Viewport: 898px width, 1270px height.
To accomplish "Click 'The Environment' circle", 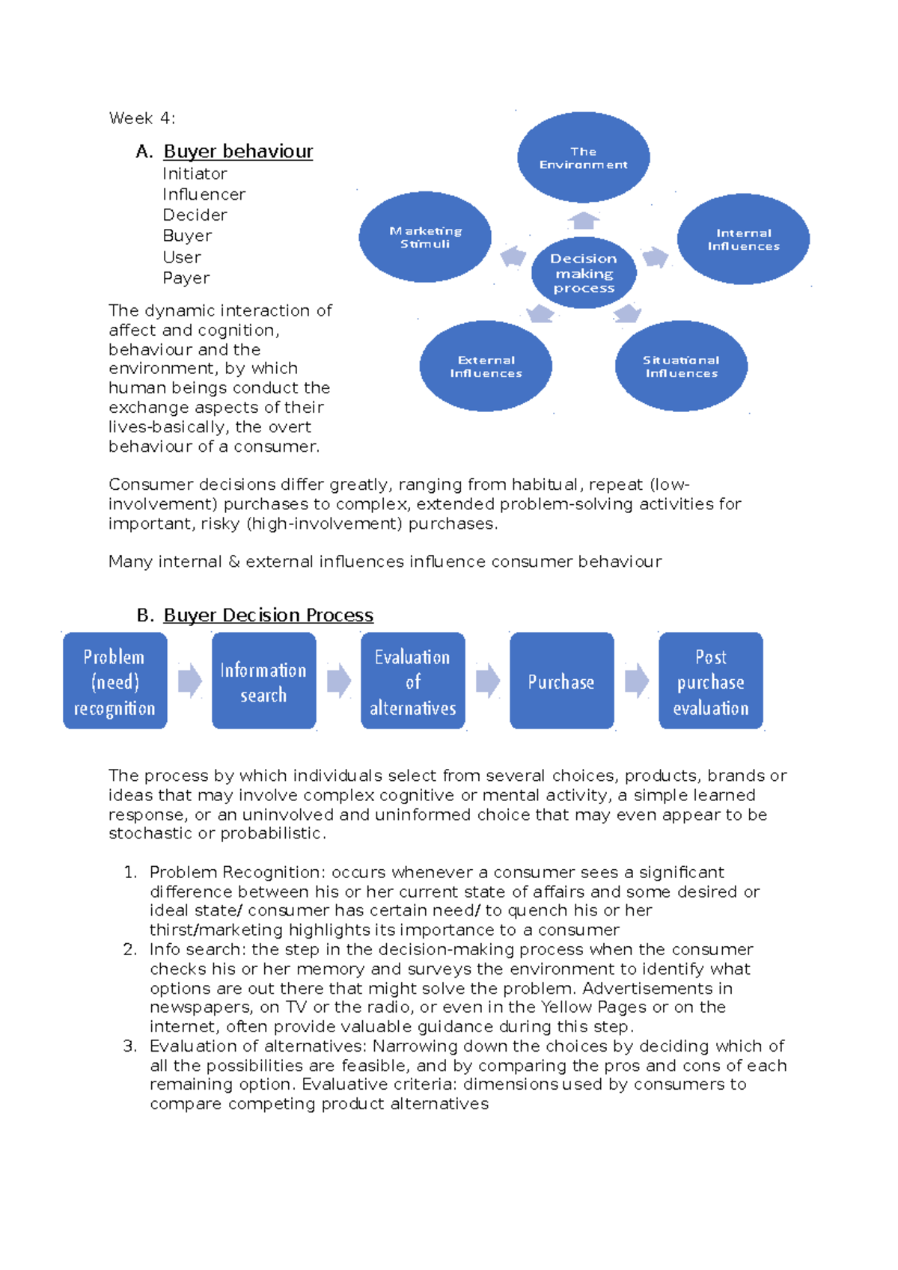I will point(583,158).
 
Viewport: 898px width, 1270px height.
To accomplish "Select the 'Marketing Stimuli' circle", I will point(425,237).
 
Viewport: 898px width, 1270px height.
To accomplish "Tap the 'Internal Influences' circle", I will point(743,239).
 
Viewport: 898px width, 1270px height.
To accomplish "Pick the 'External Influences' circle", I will point(486,366).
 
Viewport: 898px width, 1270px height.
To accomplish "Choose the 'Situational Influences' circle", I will point(681,366).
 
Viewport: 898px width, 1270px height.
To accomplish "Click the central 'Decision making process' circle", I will point(584,273).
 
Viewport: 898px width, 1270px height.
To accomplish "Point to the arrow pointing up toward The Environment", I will point(584,221).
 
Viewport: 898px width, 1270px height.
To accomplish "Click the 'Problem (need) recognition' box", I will point(114,681).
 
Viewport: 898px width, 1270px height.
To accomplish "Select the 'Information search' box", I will point(263,681).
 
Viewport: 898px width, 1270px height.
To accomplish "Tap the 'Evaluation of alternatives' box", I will point(412,681).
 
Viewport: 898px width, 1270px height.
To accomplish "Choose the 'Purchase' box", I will point(561,681).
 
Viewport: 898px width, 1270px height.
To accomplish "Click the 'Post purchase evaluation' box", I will point(710,681).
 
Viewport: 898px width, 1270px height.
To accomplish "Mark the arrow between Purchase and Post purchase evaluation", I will point(637,681).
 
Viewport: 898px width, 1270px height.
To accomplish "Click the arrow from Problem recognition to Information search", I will point(190,681).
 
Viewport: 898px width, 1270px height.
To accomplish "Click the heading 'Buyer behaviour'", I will point(238,152).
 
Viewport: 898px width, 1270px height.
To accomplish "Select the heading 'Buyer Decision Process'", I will point(268,616).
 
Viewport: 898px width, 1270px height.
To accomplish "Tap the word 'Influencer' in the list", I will point(204,194).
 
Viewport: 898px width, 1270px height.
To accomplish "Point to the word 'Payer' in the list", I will point(186,278).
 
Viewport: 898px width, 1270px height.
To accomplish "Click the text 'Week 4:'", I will point(142,118).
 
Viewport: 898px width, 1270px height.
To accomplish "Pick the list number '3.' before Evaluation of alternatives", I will point(130,1046).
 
